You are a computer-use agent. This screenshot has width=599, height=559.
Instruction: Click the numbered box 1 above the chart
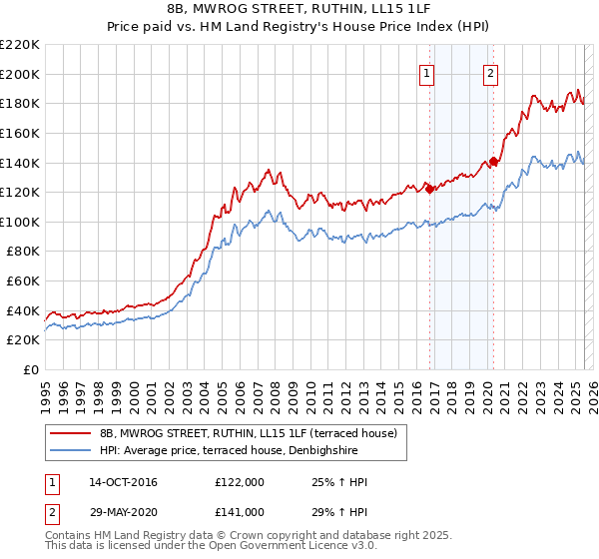426,72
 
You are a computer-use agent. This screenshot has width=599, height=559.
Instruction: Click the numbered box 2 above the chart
491,72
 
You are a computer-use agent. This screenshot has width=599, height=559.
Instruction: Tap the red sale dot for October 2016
429,189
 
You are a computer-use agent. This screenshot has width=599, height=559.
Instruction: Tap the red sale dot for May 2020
493,161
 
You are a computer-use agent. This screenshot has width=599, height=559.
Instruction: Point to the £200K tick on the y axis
23,74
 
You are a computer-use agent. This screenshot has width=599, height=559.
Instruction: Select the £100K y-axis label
23,222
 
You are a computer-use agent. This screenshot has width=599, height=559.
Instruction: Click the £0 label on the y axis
32,370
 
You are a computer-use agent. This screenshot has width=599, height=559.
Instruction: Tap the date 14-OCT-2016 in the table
123,483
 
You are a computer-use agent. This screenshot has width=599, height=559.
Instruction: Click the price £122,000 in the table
240,483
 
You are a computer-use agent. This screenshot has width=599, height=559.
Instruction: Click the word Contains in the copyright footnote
68,536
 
